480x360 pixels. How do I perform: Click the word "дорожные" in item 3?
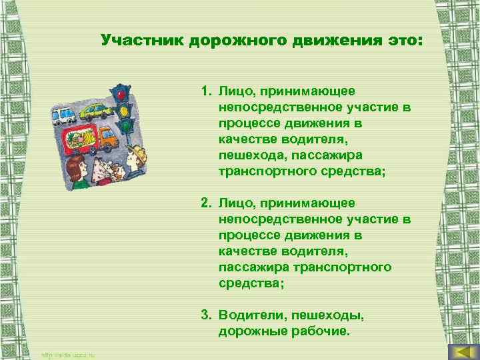click(x=249, y=331)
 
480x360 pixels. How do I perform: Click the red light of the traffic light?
click(x=120, y=95)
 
